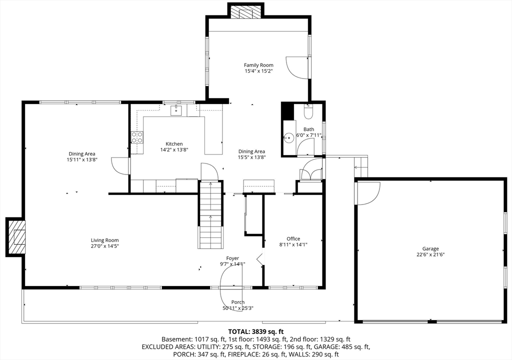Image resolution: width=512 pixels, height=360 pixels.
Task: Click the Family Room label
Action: point(258,65)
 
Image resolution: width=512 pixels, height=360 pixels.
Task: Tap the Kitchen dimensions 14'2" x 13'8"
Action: point(174,150)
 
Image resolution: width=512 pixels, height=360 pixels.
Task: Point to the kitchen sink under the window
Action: point(176,110)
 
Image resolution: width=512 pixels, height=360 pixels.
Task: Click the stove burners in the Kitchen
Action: point(137,137)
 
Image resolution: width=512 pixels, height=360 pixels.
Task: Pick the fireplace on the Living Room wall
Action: point(16,236)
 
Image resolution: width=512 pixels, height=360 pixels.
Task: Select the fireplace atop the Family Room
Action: point(245,11)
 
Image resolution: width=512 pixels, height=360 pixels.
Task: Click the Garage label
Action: point(430,248)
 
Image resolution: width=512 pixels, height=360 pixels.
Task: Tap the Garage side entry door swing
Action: point(367,193)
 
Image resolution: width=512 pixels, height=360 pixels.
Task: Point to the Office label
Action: point(293,238)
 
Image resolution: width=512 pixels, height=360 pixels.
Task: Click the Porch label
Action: point(238,302)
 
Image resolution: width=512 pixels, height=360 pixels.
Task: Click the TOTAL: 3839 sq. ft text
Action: point(255,331)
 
